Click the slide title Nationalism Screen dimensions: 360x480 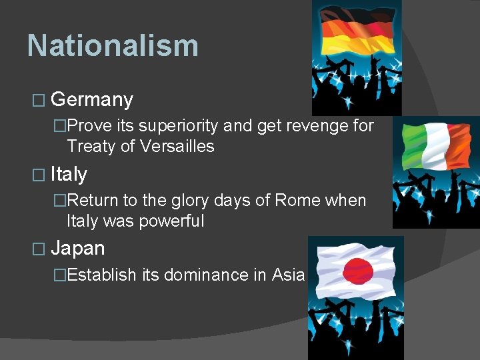[113, 46]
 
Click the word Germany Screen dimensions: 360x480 [92, 100]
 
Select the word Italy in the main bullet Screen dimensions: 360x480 [69, 175]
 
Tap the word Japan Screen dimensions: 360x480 [78, 249]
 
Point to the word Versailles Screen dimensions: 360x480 [187, 147]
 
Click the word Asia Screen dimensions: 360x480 [288, 275]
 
